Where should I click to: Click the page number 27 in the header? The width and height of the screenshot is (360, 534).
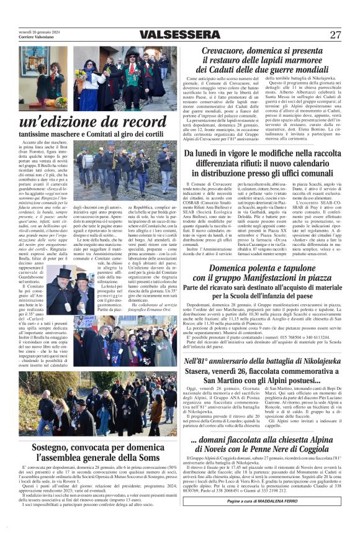point(335,35)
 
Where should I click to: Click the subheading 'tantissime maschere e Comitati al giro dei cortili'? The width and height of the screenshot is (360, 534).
point(92,133)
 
